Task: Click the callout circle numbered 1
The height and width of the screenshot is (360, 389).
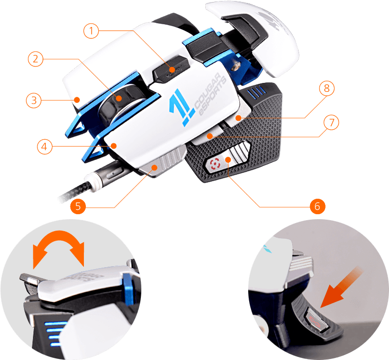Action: pyautogui.click(x=91, y=31)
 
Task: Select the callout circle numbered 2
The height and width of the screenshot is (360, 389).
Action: pyautogui.click(x=35, y=59)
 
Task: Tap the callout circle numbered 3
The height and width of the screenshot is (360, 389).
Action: pyautogui.click(x=34, y=100)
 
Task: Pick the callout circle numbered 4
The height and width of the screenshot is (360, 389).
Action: pyautogui.click(x=44, y=147)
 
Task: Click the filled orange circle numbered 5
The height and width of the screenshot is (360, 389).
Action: pyautogui.click(x=78, y=206)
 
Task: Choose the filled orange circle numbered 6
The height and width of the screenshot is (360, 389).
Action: pyautogui.click(x=317, y=206)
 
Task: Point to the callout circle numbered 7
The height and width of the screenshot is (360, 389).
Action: pyautogui.click(x=331, y=122)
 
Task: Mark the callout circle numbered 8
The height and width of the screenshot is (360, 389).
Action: pyautogui.click(x=327, y=88)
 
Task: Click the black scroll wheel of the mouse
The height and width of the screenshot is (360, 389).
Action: pyautogui.click(x=117, y=104)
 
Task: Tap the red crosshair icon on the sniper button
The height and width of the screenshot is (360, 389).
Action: pyautogui.click(x=215, y=164)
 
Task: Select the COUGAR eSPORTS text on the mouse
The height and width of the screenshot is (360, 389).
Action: pyautogui.click(x=210, y=94)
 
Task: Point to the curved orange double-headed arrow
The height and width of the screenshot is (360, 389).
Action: pyautogui.click(x=58, y=247)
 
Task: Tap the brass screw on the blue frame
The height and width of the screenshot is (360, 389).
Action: pyautogui.click(x=236, y=66)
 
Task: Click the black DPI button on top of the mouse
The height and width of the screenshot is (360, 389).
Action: pyautogui.click(x=171, y=69)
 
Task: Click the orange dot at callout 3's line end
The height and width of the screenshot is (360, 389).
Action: pyautogui.click(x=77, y=100)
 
